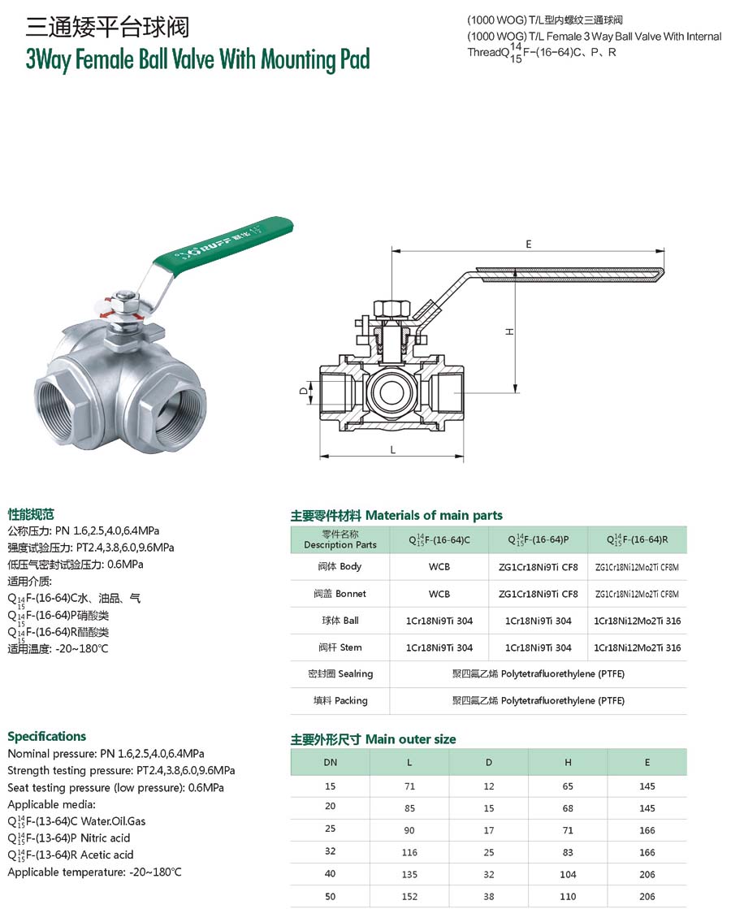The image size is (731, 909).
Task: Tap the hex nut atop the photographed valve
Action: coord(127,299)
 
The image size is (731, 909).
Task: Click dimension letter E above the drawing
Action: coord(528,245)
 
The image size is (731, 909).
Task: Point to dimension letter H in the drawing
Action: coord(509,331)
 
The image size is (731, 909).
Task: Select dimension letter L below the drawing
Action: coord(392,450)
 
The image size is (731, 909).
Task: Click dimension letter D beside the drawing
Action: coord(303,391)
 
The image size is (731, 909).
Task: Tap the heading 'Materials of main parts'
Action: coord(434,515)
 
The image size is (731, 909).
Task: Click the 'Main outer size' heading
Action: coord(410,739)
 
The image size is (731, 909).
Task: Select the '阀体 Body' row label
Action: coord(340,566)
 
